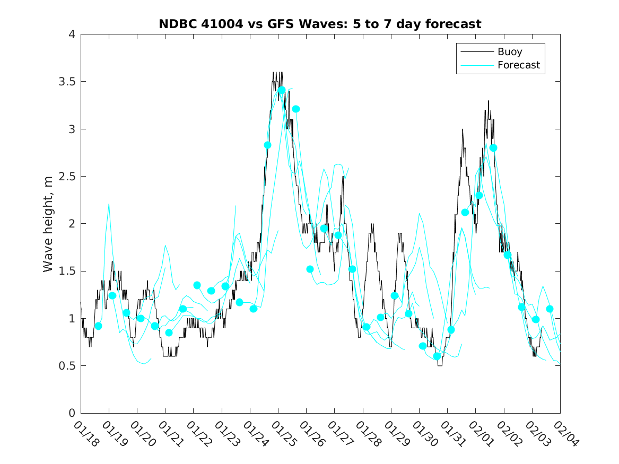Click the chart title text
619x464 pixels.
coord(320,24)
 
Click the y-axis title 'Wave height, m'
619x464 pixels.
coord(48,223)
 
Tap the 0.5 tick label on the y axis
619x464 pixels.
coord(67,366)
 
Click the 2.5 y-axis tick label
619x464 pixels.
coord(67,177)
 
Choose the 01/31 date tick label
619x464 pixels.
coord(449,432)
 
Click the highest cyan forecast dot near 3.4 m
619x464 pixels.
coord(282,90)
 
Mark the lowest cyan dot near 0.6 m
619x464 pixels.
coord(437,356)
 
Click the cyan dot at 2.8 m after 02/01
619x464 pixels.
coord(493,148)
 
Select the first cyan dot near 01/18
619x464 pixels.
coord(98,326)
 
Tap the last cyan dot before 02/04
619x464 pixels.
coord(550,309)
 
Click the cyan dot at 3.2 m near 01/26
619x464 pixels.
coord(296,109)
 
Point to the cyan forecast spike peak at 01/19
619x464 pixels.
coord(109,204)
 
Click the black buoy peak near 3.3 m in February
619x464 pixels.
coord(488,101)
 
